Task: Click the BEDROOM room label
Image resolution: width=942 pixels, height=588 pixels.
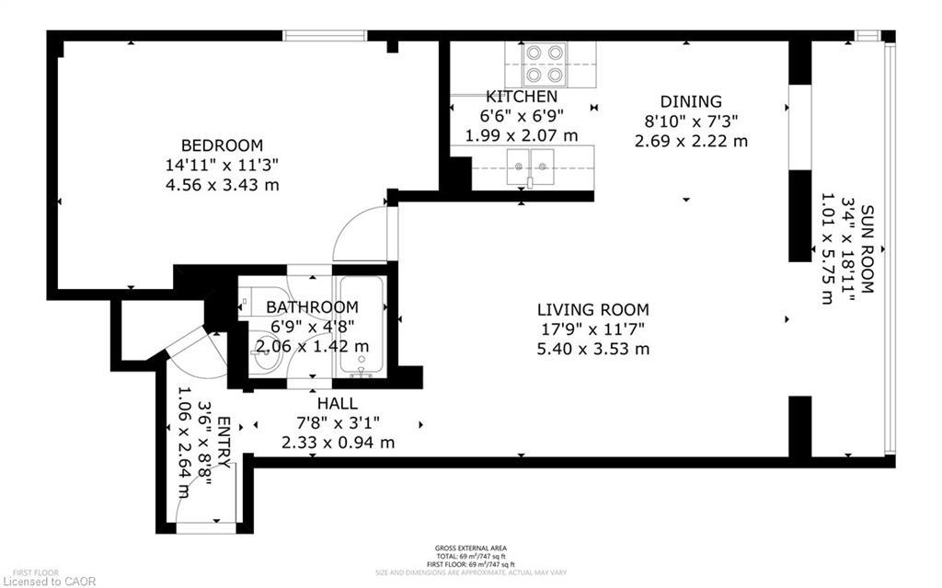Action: pos(221,145)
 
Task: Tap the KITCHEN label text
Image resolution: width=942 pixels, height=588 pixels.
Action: pos(522,97)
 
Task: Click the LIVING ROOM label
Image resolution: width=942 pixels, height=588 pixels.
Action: pos(594,310)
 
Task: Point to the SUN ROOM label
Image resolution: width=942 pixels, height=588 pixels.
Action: pos(866,249)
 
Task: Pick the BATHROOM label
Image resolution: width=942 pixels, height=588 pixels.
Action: pos(312,306)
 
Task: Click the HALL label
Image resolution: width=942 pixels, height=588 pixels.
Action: pos(338,403)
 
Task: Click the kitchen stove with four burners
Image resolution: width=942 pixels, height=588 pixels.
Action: pos(543,64)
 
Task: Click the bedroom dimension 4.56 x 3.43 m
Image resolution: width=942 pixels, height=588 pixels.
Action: pos(221,185)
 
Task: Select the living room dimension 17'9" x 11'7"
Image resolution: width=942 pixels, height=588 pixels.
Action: pos(594,329)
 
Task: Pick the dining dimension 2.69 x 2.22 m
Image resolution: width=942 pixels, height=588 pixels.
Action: pos(690,141)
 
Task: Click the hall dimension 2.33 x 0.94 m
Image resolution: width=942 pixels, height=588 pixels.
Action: pos(338,443)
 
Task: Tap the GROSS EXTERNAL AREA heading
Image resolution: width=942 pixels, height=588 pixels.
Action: pos(470,548)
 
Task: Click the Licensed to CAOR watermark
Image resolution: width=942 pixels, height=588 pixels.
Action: pos(43,581)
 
